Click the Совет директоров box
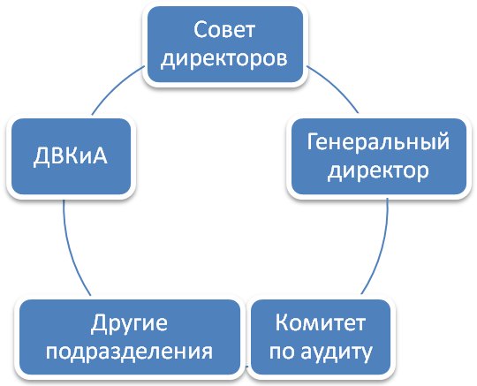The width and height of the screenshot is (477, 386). [225, 44]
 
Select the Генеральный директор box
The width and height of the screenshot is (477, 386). [379, 156]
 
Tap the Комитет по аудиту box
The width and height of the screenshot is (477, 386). [321, 337]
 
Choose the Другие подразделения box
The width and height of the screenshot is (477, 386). [130, 337]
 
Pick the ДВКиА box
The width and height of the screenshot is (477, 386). [71, 156]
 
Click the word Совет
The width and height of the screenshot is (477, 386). [224, 29]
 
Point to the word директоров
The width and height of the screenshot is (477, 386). [224, 57]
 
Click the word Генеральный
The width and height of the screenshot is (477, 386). [378, 142]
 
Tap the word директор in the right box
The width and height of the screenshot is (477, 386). [378, 170]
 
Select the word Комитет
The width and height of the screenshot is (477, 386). [321, 322]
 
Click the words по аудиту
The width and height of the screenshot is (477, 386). [321, 352]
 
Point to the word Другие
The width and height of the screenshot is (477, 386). [129, 323]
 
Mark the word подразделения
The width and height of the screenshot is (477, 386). [129, 352]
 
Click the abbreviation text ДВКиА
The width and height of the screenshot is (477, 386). [71, 156]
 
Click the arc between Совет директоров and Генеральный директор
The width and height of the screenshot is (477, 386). [336, 86]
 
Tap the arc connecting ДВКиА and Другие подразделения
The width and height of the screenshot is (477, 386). [71, 249]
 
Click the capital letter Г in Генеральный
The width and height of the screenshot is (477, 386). [313, 141]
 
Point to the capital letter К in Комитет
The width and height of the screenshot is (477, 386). [282, 322]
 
